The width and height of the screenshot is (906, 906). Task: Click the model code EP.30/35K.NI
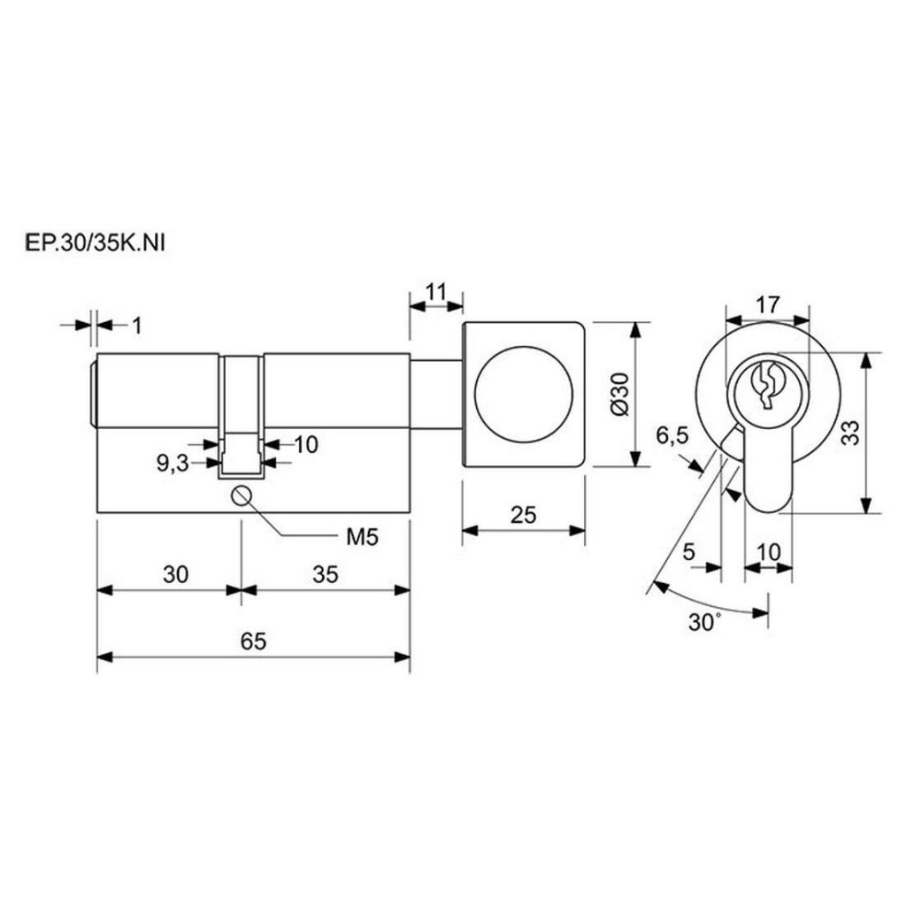(96, 243)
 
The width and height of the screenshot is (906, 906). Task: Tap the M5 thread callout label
(362, 537)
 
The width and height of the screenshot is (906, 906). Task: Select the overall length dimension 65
(254, 641)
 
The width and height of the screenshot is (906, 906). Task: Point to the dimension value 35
(326, 574)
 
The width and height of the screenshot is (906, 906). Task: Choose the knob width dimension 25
(524, 514)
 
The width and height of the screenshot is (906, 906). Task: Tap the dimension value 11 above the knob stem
(436, 292)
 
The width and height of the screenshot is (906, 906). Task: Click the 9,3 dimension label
(173, 463)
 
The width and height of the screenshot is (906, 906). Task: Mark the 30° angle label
(705, 622)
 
